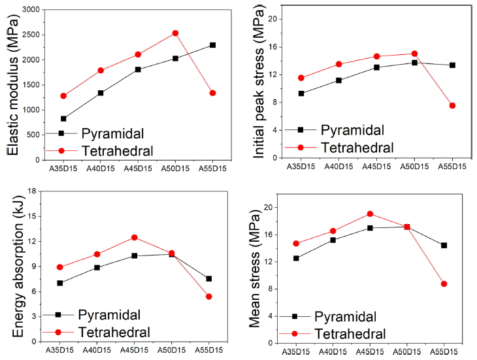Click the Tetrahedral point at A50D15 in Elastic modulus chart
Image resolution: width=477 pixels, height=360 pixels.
[x=175, y=33]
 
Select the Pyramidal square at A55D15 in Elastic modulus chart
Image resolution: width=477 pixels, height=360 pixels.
[x=212, y=45]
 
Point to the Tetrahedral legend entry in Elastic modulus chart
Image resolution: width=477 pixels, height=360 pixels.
[x=118, y=151]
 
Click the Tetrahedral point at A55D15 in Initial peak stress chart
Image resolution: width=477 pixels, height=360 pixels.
[x=452, y=105]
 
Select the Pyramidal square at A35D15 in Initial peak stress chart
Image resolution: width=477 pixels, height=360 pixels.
[x=301, y=93]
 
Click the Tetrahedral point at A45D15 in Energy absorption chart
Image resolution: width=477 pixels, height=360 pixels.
[x=135, y=237]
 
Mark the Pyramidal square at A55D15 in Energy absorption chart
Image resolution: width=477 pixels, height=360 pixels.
[x=209, y=279]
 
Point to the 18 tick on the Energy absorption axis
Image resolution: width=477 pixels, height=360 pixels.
[x=31, y=191]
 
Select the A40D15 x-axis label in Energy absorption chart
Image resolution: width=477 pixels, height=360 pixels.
[x=97, y=351]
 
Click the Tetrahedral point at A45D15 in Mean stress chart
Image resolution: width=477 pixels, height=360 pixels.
[x=370, y=214]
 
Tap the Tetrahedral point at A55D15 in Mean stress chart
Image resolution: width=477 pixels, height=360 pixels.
[x=444, y=284]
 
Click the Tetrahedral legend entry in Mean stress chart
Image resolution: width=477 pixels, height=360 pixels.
[x=348, y=334]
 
